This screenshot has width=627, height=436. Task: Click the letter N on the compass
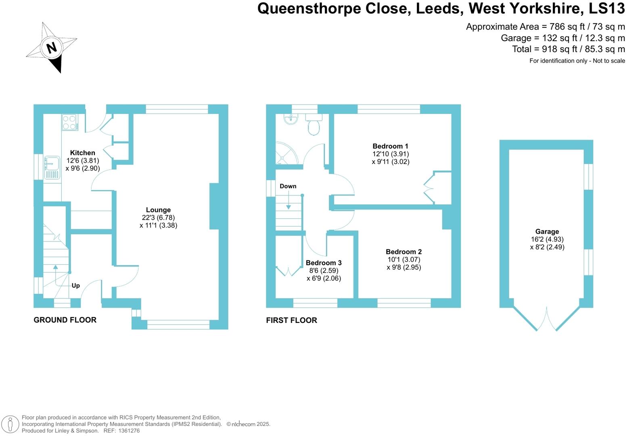tap(51, 48)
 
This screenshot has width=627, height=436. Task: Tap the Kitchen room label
tap(82, 153)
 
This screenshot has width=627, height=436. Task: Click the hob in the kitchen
tap(69, 122)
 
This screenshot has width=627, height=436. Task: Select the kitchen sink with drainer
tap(52, 168)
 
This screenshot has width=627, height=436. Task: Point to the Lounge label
tap(158, 210)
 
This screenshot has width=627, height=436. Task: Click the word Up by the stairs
tap(75, 285)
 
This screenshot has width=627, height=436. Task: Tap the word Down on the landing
tap(288, 186)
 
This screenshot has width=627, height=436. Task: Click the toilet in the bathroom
tap(313, 126)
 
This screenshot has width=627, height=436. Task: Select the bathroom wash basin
tap(290, 119)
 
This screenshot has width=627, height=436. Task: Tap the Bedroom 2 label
tap(403, 252)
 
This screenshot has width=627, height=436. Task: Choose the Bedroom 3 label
tap(324, 263)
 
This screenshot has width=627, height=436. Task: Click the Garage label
tap(547, 232)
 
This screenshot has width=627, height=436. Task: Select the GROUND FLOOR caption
tap(65, 320)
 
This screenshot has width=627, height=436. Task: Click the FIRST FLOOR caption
tap(291, 321)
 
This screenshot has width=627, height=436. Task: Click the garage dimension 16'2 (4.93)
tap(547, 239)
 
